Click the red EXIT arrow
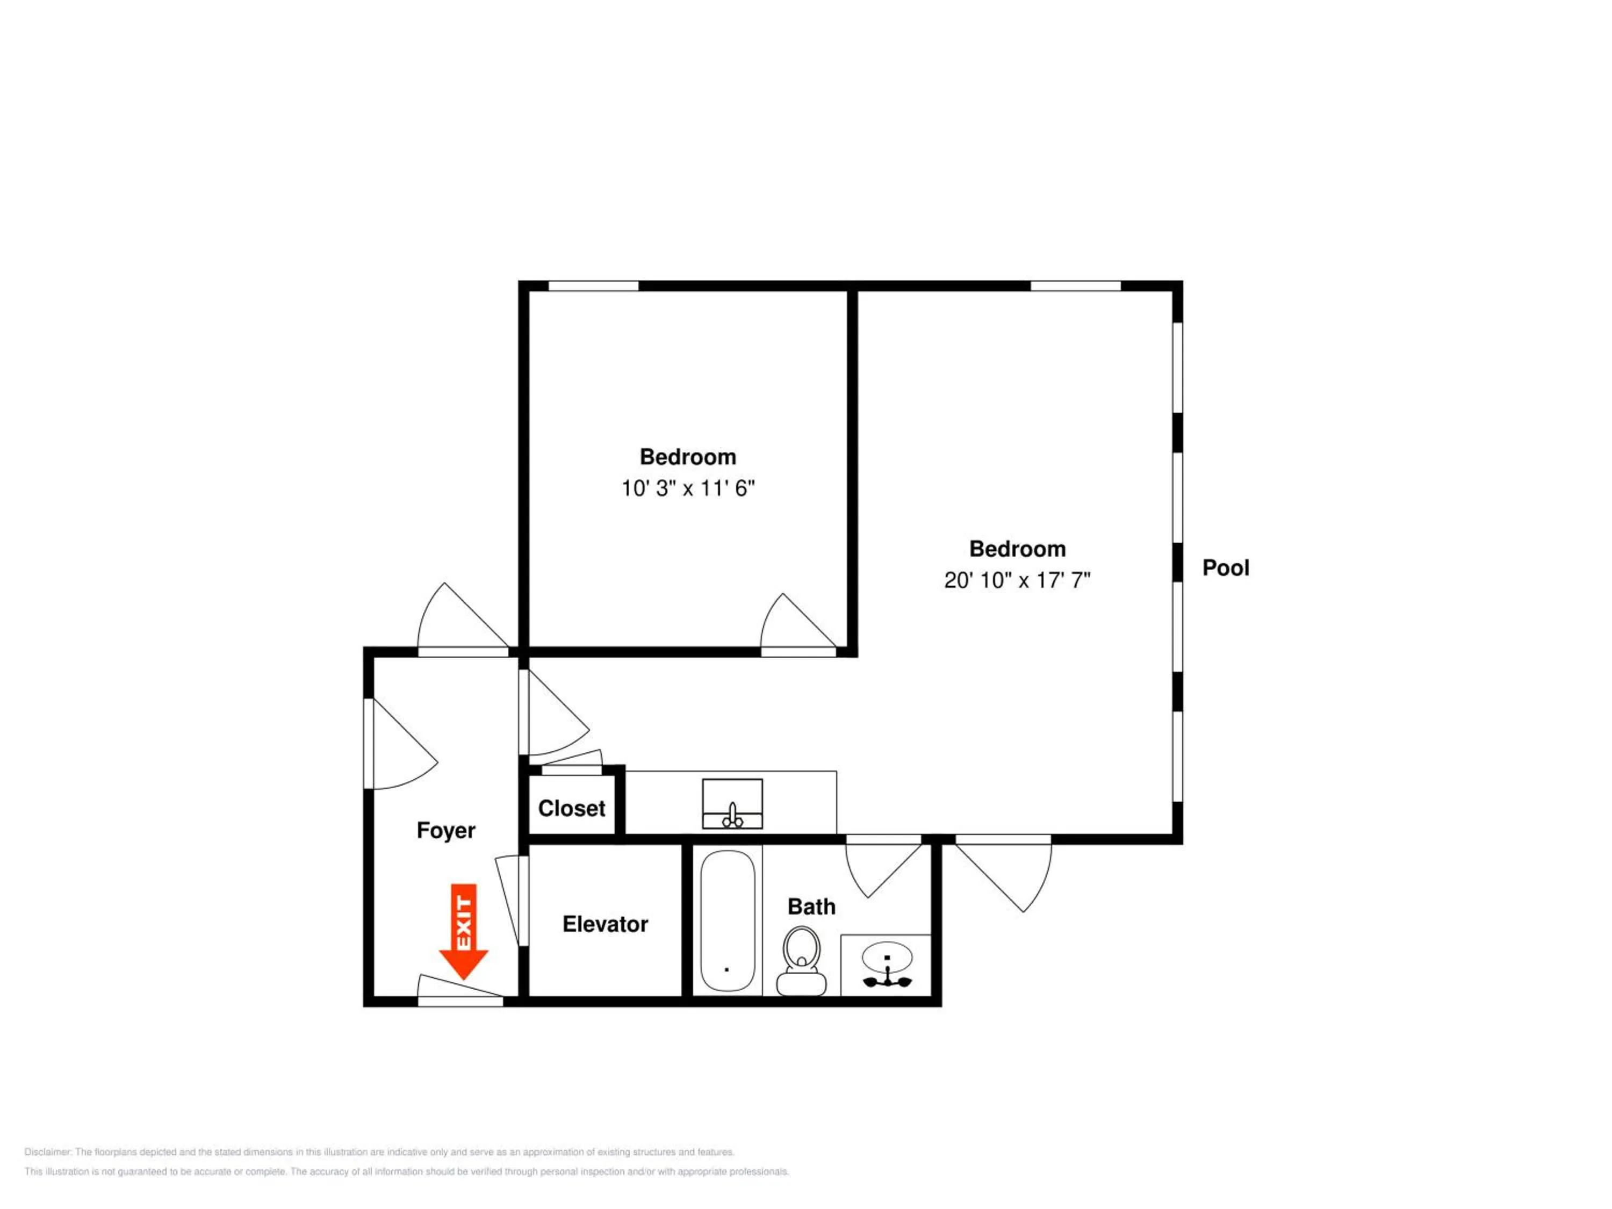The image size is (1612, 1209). pyautogui.click(x=464, y=931)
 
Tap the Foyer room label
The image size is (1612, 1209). pyautogui.click(x=446, y=831)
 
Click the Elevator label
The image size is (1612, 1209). pyautogui.click(x=605, y=924)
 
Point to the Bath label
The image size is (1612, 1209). pyautogui.click(x=811, y=906)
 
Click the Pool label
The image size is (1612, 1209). pyautogui.click(x=1226, y=568)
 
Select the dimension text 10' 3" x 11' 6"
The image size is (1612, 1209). pyautogui.click(x=688, y=488)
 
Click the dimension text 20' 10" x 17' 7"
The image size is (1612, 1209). pyautogui.click(x=1017, y=580)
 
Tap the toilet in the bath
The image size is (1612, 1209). pyautogui.click(x=802, y=961)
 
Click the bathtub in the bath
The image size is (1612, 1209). pyautogui.click(x=728, y=921)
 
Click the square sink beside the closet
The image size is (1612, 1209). pyautogui.click(x=732, y=804)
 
